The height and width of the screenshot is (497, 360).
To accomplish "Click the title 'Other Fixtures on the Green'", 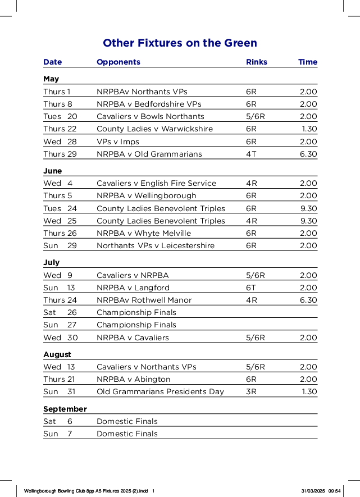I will pyautogui.click(x=180, y=43).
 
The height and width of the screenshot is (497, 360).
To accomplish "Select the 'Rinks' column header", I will pyautogui.click(x=257, y=62).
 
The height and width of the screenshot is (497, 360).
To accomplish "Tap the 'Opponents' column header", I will pyautogui.click(x=119, y=62).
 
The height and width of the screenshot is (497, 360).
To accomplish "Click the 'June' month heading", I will pyautogui.click(x=53, y=171).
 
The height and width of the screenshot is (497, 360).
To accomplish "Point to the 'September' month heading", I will pyautogui.click(x=65, y=409).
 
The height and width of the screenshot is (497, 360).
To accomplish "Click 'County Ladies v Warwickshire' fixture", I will pyautogui.click(x=154, y=129).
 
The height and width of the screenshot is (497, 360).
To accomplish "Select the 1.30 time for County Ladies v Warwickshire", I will pyautogui.click(x=309, y=129).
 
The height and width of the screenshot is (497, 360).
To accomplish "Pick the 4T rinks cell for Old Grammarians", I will pyautogui.click(x=251, y=154).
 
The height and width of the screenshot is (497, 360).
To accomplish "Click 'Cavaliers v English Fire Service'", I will pyautogui.click(x=156, y=183).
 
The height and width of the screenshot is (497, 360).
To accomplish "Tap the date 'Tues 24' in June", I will pyautogui.click(x=60, y=208).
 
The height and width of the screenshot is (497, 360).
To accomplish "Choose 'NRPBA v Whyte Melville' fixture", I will pyautogui.click(x=144, y=233).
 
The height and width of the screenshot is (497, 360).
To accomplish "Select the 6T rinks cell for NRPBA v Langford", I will pyautogui.click(x=251, y=288).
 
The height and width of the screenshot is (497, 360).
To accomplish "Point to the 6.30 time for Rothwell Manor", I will pyautogui.click(x=308, y=300).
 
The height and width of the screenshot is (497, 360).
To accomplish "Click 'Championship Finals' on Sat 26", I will pyautogui.click(x=136, y=312).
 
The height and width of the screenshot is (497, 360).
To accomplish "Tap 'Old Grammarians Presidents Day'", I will pyautogui.click(x=160, y=391).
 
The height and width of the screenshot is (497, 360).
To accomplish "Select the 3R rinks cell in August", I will pyautogui.click(x=251, y=391).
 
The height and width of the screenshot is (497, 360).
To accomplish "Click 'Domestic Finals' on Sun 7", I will pyautogui.click(x=127, y=434).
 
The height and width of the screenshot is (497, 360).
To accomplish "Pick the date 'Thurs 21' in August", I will pyautogui.click(x=59, y=379).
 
